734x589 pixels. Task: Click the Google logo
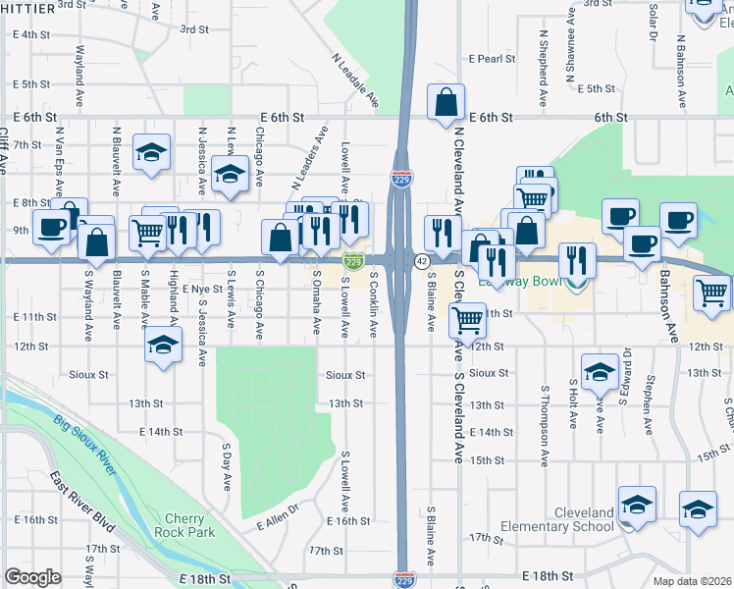pos(32,577)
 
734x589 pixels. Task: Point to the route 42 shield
pos(421,261)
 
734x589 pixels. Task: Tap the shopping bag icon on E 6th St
pos(446,102)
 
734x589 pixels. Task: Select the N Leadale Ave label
pos(355,80)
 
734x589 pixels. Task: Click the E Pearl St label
pos(492,59)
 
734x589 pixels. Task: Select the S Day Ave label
pos(226,468)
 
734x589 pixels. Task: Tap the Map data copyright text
pos(692,582)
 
